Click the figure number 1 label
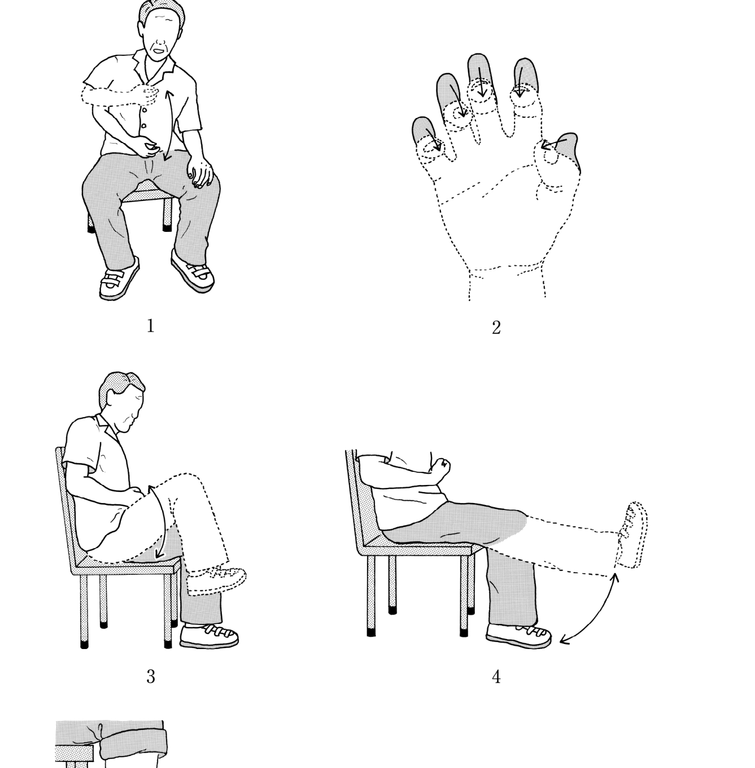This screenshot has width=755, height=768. [151, 326]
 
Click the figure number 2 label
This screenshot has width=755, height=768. [496, 328]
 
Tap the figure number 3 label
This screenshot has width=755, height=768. [151, 677]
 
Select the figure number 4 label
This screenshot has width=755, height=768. [496, 677]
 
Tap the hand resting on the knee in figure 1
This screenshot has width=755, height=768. [202, 174]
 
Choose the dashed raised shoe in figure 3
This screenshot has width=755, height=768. [216, 580]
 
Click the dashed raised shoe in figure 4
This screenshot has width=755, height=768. [632, 535]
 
